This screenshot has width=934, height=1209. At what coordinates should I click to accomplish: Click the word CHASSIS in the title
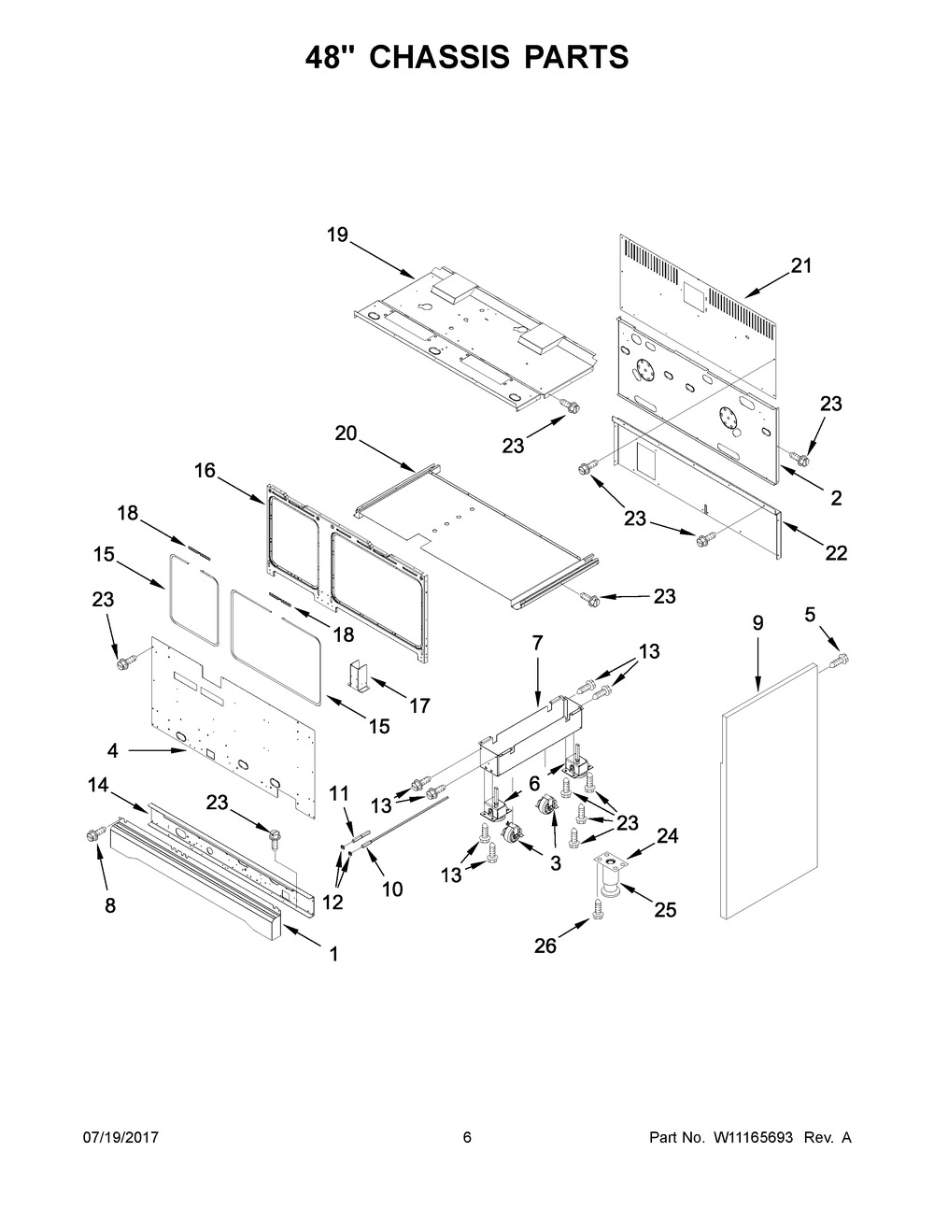(x=440, y=58)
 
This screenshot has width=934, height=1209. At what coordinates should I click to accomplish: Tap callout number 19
(x=337, y=235)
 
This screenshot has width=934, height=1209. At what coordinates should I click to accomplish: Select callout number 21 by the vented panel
(x=801, y=266)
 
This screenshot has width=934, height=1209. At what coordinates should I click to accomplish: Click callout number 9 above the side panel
(x=757, y=623)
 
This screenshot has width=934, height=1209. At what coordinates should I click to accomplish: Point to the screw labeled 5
(x=839, y=662)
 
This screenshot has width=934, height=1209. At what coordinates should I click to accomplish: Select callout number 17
(x=420, y=706)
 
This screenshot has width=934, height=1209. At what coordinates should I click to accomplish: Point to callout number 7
(x=537, y=643)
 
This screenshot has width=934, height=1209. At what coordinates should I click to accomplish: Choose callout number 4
(x=112, y=749)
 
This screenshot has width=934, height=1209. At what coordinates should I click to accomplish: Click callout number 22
(x=836, y=553)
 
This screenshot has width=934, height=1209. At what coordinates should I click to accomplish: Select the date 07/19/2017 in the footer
(x=121, y=1138)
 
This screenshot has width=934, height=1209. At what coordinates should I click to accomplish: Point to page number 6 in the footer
(x=467, y=1138)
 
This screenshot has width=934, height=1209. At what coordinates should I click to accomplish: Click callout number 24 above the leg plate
(x=665, y=837)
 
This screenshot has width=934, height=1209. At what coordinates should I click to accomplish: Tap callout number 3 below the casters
(x=555, y=865)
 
